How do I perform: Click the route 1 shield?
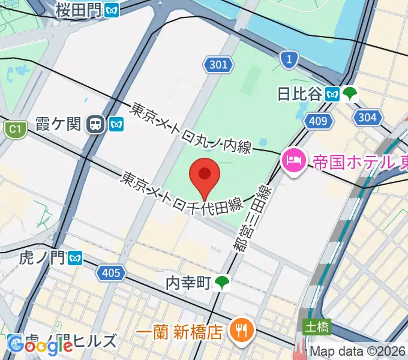[289, 59]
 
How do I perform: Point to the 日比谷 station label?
[299, 94]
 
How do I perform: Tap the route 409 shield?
[318, 122]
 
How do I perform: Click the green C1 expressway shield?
[15, 128]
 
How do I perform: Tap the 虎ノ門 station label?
[33, 258]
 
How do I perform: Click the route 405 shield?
[112, 273]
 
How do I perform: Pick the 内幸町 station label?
[190, 282]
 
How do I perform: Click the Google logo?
[41, 345]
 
